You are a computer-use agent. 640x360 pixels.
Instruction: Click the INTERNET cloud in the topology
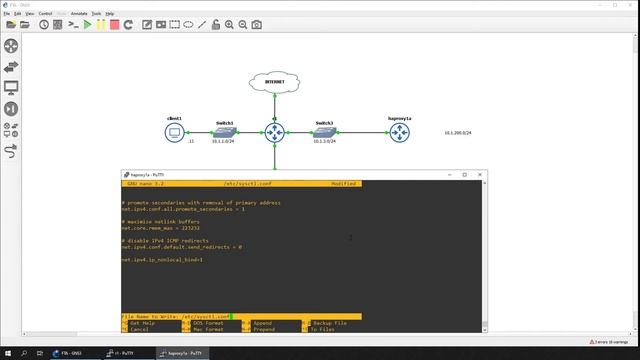coord(273,82)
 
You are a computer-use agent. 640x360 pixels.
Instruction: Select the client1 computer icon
coord(175,131)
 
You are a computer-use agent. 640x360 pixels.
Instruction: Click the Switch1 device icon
coord(225,131)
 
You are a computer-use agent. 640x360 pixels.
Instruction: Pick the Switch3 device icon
coord(324,131)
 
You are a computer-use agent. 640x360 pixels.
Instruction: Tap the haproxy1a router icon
coord(400,131)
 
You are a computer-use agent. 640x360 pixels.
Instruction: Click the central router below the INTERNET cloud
coord(273,131)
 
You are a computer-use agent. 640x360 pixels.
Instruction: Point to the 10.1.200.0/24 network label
coord(458,132)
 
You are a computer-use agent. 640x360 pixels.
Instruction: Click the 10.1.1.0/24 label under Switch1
coord(223,142)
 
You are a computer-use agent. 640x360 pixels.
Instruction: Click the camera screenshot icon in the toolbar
coord(256,24)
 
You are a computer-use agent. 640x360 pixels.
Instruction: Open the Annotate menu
coord(78,13)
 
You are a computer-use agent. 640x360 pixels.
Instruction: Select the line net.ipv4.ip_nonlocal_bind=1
coord(162,259)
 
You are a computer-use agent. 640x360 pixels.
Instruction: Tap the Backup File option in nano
coord(329,323)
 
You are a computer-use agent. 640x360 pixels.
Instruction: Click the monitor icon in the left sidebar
coord(12,87)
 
